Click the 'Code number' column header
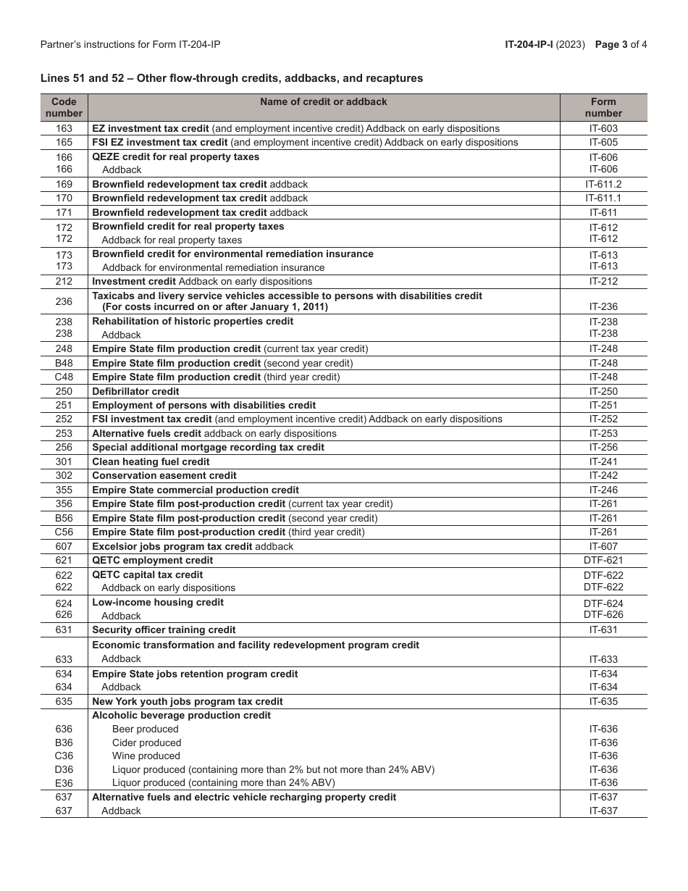pos(64,107)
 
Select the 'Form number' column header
pos(603,107)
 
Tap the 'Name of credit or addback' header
pos(324,102)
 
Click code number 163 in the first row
pos(64,128)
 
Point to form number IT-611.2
pos(603,185)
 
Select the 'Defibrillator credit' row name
pos(135,391)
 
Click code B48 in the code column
pos(64,364)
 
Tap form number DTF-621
pos(603,561)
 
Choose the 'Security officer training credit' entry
pos(164,630)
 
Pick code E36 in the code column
pos(64,783)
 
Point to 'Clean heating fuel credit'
pos(151,462)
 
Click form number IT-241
pos(603,462)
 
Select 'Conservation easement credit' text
pos(164,476)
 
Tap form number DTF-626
pos(603,615)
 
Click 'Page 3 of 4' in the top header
pos(621,44)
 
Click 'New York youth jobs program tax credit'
pos(188,701)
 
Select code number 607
pos(64,546)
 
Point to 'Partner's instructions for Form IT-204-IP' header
pos(130,44)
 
